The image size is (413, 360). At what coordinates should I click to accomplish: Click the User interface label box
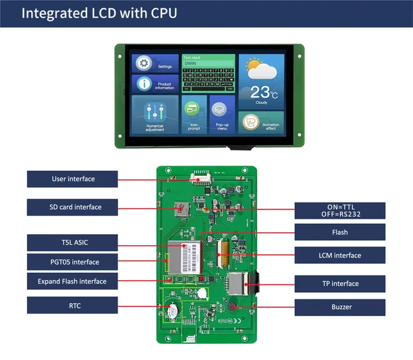coord(72,179)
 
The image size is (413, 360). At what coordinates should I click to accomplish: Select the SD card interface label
coord(72,207)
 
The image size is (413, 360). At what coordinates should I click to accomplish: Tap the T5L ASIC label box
coord(72,243)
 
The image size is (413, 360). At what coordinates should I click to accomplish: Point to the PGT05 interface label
coord(72,262)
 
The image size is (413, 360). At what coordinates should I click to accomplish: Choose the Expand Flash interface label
coord(72,281)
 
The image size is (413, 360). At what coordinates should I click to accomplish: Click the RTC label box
coord(72,306)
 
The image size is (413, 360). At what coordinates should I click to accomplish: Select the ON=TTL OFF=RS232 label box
coord(339,210)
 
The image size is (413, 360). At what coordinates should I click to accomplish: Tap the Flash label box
coord(339,232)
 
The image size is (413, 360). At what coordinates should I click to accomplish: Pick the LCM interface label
coord(339,255)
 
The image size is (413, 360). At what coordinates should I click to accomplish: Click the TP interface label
coord(339,283)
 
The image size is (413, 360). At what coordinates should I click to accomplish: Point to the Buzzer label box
coord(339,306)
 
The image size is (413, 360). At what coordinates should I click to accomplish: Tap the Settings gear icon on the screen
coord(144,63)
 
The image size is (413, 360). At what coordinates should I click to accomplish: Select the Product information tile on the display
coord(156,84)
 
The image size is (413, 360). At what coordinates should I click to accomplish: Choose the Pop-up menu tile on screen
coord(222,114)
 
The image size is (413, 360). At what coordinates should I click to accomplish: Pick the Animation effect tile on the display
coord(261,122)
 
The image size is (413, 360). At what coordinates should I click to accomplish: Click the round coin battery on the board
coord(172,311)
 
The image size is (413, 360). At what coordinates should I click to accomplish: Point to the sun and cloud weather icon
coord(261,68)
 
